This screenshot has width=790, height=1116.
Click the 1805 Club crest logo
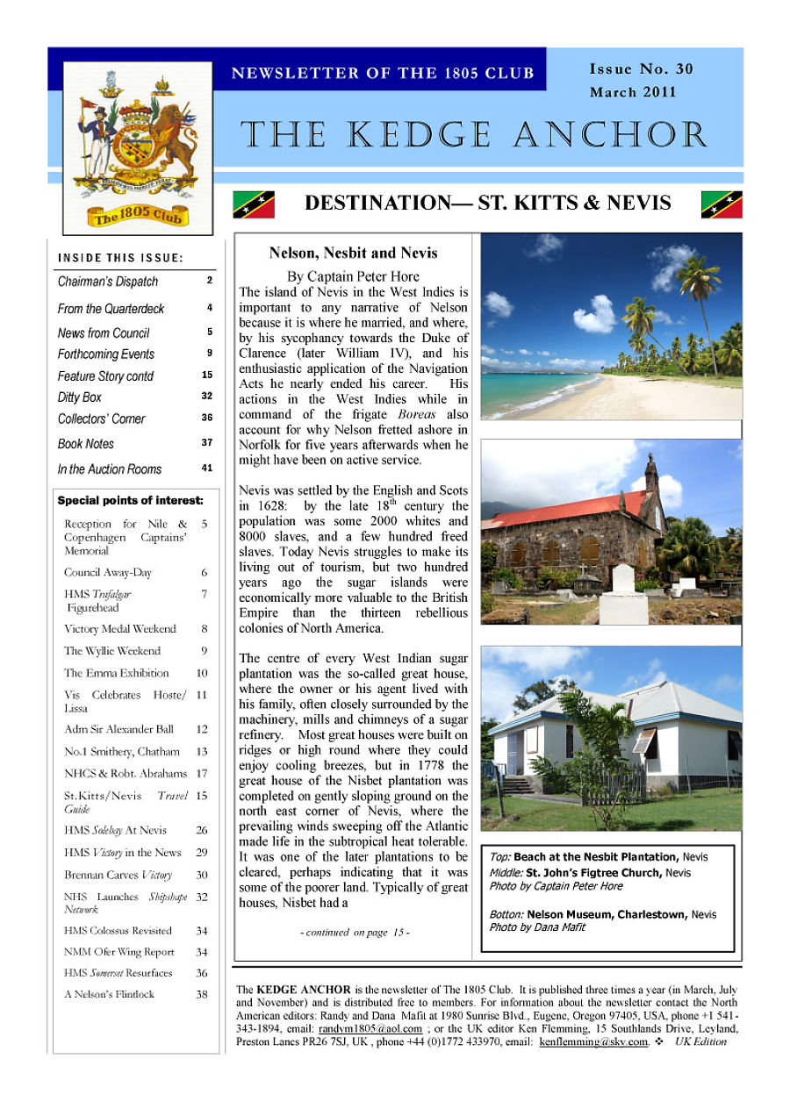(x=138, y=147)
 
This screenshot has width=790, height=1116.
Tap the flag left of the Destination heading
(x=253, y=204)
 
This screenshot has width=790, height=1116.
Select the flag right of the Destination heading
(x=722, y=204)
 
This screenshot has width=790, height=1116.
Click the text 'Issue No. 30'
(x=641, y=69)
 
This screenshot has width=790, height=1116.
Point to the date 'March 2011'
(x=633, y=92)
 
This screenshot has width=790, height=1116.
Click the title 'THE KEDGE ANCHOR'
(x=474, y=135)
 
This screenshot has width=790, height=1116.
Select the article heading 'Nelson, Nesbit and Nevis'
(x=353, y=254)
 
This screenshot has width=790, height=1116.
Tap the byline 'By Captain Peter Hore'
(x=353, y=276)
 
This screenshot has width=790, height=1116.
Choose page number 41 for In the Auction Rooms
(x=207, y=469)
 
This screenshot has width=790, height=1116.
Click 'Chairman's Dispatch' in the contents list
(x=108, y=282)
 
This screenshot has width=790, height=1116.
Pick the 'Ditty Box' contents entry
(x=80, y=397)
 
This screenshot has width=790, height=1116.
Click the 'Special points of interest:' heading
(x=130, y=501)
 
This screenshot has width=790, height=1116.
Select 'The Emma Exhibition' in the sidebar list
(x=116, y=673)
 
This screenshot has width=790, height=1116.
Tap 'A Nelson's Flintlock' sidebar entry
(x=109, y=994)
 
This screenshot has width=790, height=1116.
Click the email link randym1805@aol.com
(x=370, y=1029)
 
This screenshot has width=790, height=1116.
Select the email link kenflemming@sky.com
(x=593, y=1042)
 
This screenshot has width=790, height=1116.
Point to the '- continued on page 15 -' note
(x=353, y=933)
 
